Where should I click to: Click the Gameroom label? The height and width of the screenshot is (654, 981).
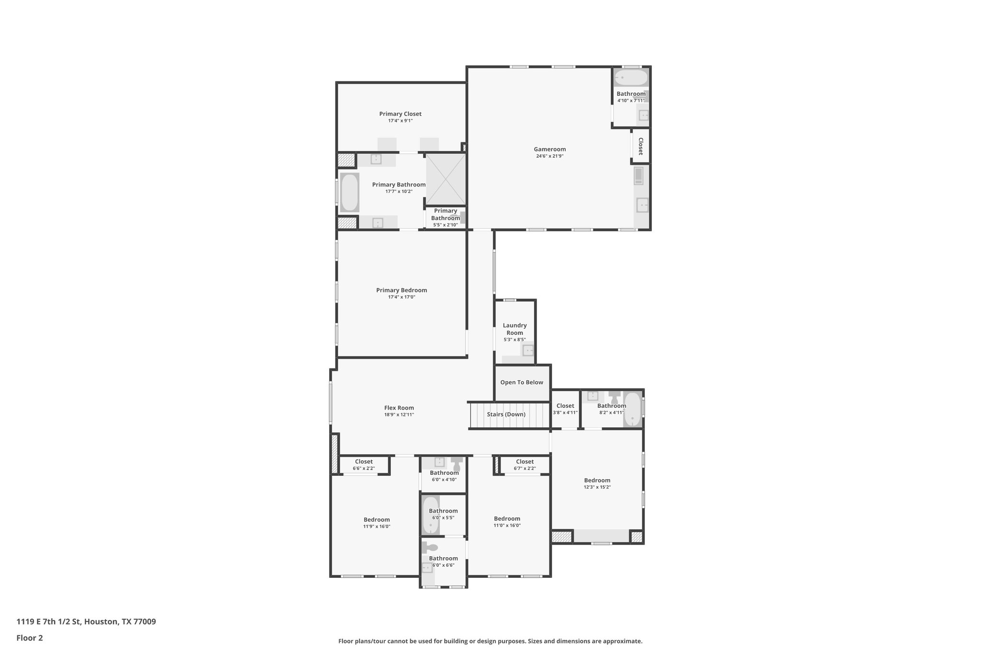pos(549,149)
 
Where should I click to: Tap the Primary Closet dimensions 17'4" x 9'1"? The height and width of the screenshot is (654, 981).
pos(400,121)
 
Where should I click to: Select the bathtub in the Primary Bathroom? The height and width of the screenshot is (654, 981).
pos(349,193)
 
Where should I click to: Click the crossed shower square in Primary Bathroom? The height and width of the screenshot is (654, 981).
pos(445,178)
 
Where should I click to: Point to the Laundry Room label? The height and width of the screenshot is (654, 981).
pos(514,329)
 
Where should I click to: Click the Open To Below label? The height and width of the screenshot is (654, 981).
pos(522,382)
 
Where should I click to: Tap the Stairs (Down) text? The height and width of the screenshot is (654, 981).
pos(506,414)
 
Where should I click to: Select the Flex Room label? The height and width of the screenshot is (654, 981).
pos(399,408)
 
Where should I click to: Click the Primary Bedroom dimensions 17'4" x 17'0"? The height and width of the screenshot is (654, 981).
pos(401,297)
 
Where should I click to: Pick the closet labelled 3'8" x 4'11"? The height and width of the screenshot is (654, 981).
pos(565,409)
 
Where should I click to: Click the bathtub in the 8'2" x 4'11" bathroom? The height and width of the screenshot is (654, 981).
pos(632,409)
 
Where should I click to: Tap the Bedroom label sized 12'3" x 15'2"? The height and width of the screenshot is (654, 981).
pos(597,480)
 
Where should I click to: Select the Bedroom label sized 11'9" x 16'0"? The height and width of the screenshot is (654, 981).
pos(376,519)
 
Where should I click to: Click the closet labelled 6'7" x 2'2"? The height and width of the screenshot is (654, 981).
pos(525,465)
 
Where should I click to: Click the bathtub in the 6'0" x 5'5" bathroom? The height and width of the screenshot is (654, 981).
pos(430,515)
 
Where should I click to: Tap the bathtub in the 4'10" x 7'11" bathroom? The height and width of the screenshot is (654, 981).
pos(630,78)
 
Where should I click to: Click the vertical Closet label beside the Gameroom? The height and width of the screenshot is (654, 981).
pos(640,146)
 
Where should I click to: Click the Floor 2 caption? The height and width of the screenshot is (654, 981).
pos(30,638)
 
